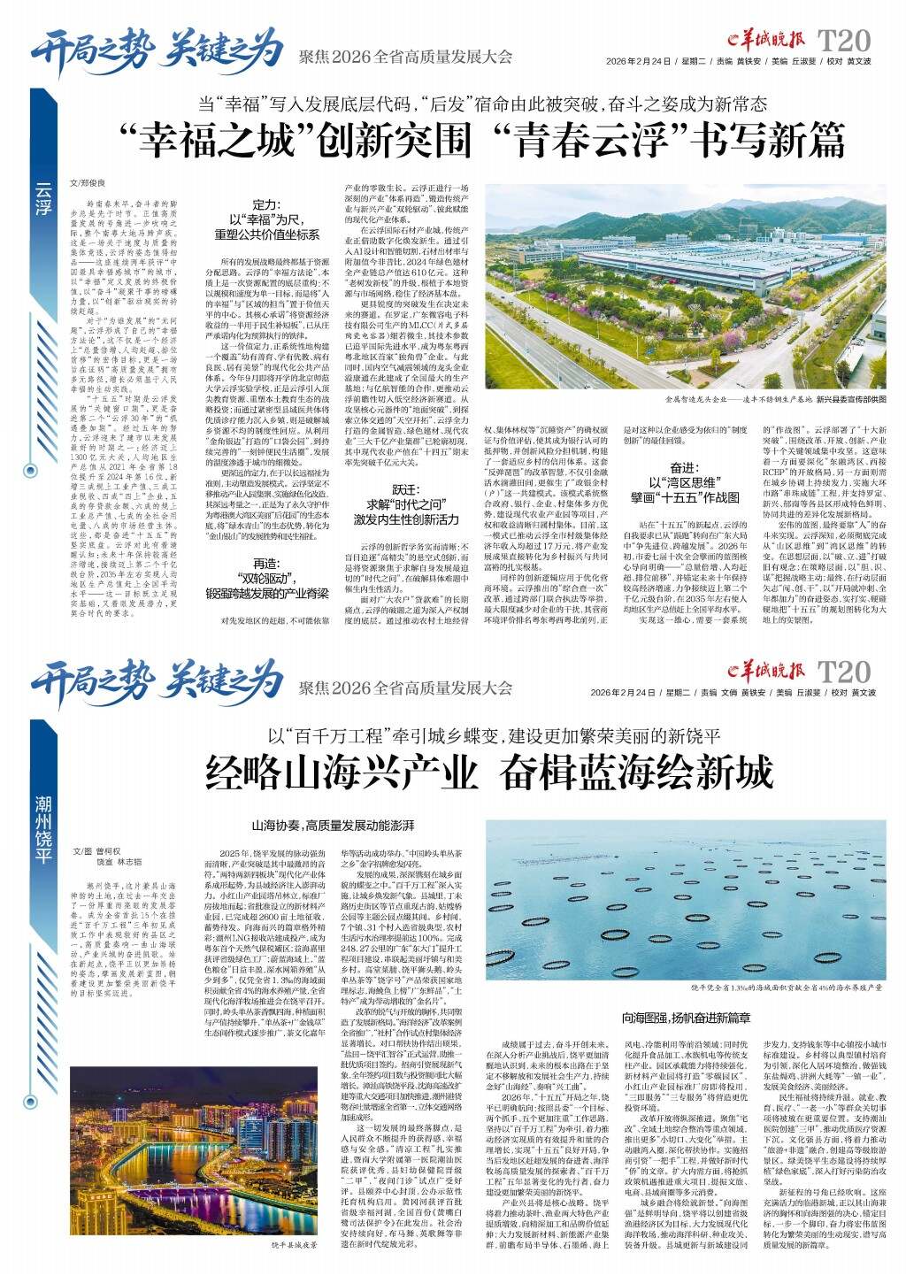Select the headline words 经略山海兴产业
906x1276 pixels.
click(346, 773)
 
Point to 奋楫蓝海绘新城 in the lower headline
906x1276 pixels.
click(636, 773)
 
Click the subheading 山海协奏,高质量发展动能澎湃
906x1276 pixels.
click(333, 825)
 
